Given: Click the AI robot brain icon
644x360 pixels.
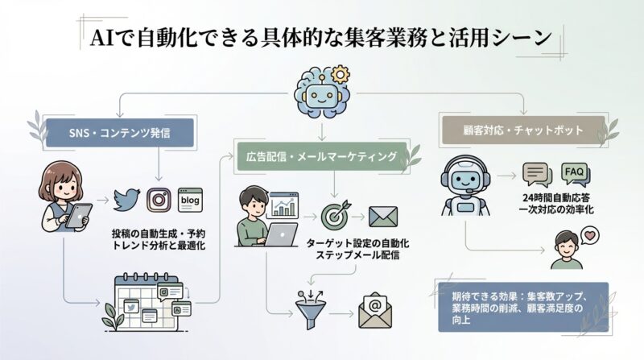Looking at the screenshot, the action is click(320, 91).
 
